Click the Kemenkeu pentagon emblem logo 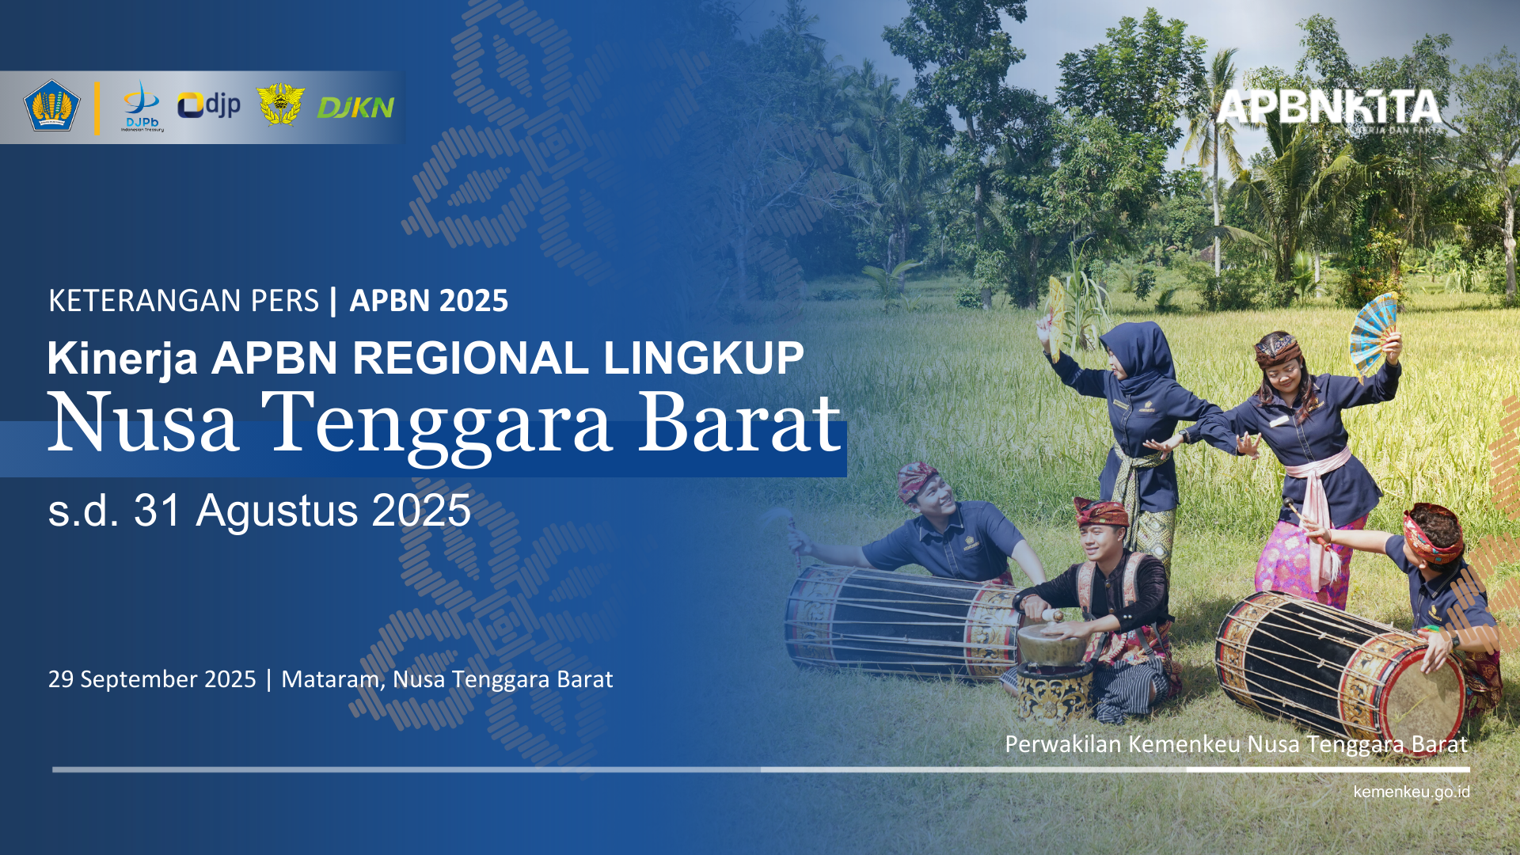click(x=52, y=105)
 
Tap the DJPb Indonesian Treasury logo click(x=142, y=106)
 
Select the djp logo click(x=209, y=105)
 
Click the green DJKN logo click(x=355, y=108)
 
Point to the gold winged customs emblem click(x=280, y=104)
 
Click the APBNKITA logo click(x=1329, y=109)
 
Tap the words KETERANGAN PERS click(x=184, y=301)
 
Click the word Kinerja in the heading click(x=122, y=359)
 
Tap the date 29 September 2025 click(x=152, y=679)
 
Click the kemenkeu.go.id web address click(x=1412, y=792)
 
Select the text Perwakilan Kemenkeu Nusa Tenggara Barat click(x=1236, y=744)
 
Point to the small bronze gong click(x=1051, y=642)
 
